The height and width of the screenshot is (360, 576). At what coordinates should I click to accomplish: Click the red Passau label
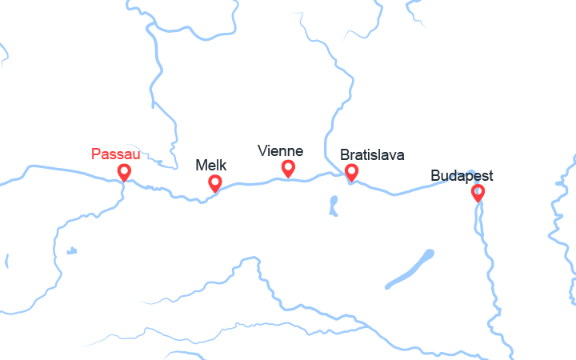point(116,153)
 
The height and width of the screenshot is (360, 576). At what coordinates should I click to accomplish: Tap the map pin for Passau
point(124,171)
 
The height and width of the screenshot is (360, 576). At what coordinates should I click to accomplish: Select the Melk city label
point(211,166)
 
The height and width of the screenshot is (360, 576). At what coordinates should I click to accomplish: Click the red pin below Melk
point(214,182)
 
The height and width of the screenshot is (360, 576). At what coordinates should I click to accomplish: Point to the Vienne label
point(280,150)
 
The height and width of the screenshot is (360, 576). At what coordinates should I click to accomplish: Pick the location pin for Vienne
point(288,167)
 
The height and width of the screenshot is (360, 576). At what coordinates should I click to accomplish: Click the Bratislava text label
point(372,154)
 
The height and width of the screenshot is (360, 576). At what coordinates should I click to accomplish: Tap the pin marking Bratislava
point(350,171)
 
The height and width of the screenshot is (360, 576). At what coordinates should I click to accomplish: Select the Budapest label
point(462,175)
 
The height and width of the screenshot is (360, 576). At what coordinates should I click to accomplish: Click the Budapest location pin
point(478,192)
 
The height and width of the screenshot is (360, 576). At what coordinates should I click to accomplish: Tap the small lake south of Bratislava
point(333,206)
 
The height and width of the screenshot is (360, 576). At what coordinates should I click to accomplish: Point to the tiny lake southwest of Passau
point(71,251)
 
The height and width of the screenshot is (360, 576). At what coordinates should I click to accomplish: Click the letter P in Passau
point(96,153)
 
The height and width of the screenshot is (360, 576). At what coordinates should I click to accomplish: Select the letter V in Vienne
point(262,150)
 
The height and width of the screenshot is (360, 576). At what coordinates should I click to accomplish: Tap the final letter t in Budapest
point(490,175)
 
